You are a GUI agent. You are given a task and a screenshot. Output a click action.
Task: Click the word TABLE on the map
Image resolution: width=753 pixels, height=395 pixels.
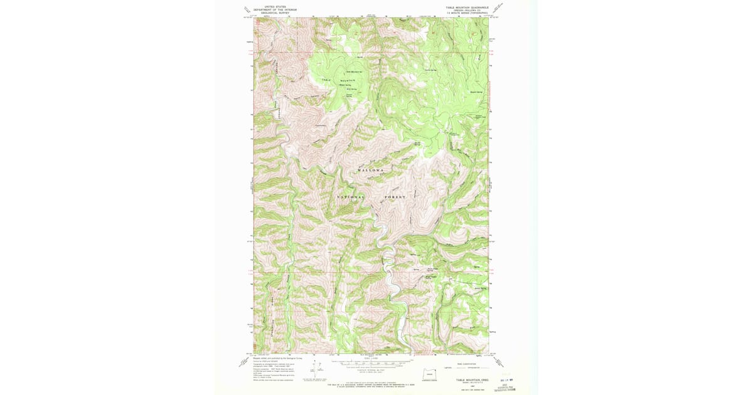coord(326,80)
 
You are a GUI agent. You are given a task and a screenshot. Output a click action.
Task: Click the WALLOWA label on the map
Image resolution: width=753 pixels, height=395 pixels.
coord(370,170)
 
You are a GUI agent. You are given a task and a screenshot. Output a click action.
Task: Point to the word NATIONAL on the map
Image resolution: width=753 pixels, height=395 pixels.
coord(351,197)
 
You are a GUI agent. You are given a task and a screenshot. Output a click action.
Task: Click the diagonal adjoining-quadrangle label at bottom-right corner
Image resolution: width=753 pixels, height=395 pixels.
coord(498,362)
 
